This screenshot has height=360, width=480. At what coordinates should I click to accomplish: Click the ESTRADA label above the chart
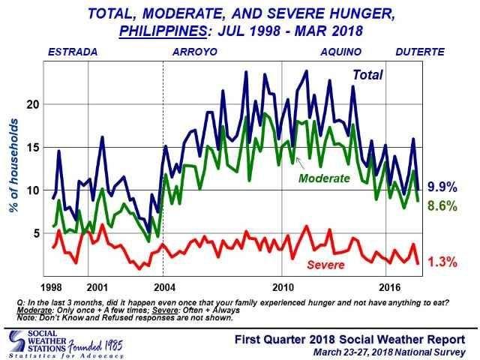[x=72, y=52]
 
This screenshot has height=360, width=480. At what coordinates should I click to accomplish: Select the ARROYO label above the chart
[x=194, y=52]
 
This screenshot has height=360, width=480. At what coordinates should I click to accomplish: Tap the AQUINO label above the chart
[x=341, y=52]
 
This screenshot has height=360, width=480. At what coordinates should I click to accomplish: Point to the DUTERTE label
[x=420, y=52]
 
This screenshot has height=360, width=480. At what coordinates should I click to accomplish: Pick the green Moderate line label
[x=324, y=178]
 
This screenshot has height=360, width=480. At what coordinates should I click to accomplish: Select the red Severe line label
[x=325, y=265]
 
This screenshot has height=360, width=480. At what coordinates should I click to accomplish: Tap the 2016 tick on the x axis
[x=388, y=287]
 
